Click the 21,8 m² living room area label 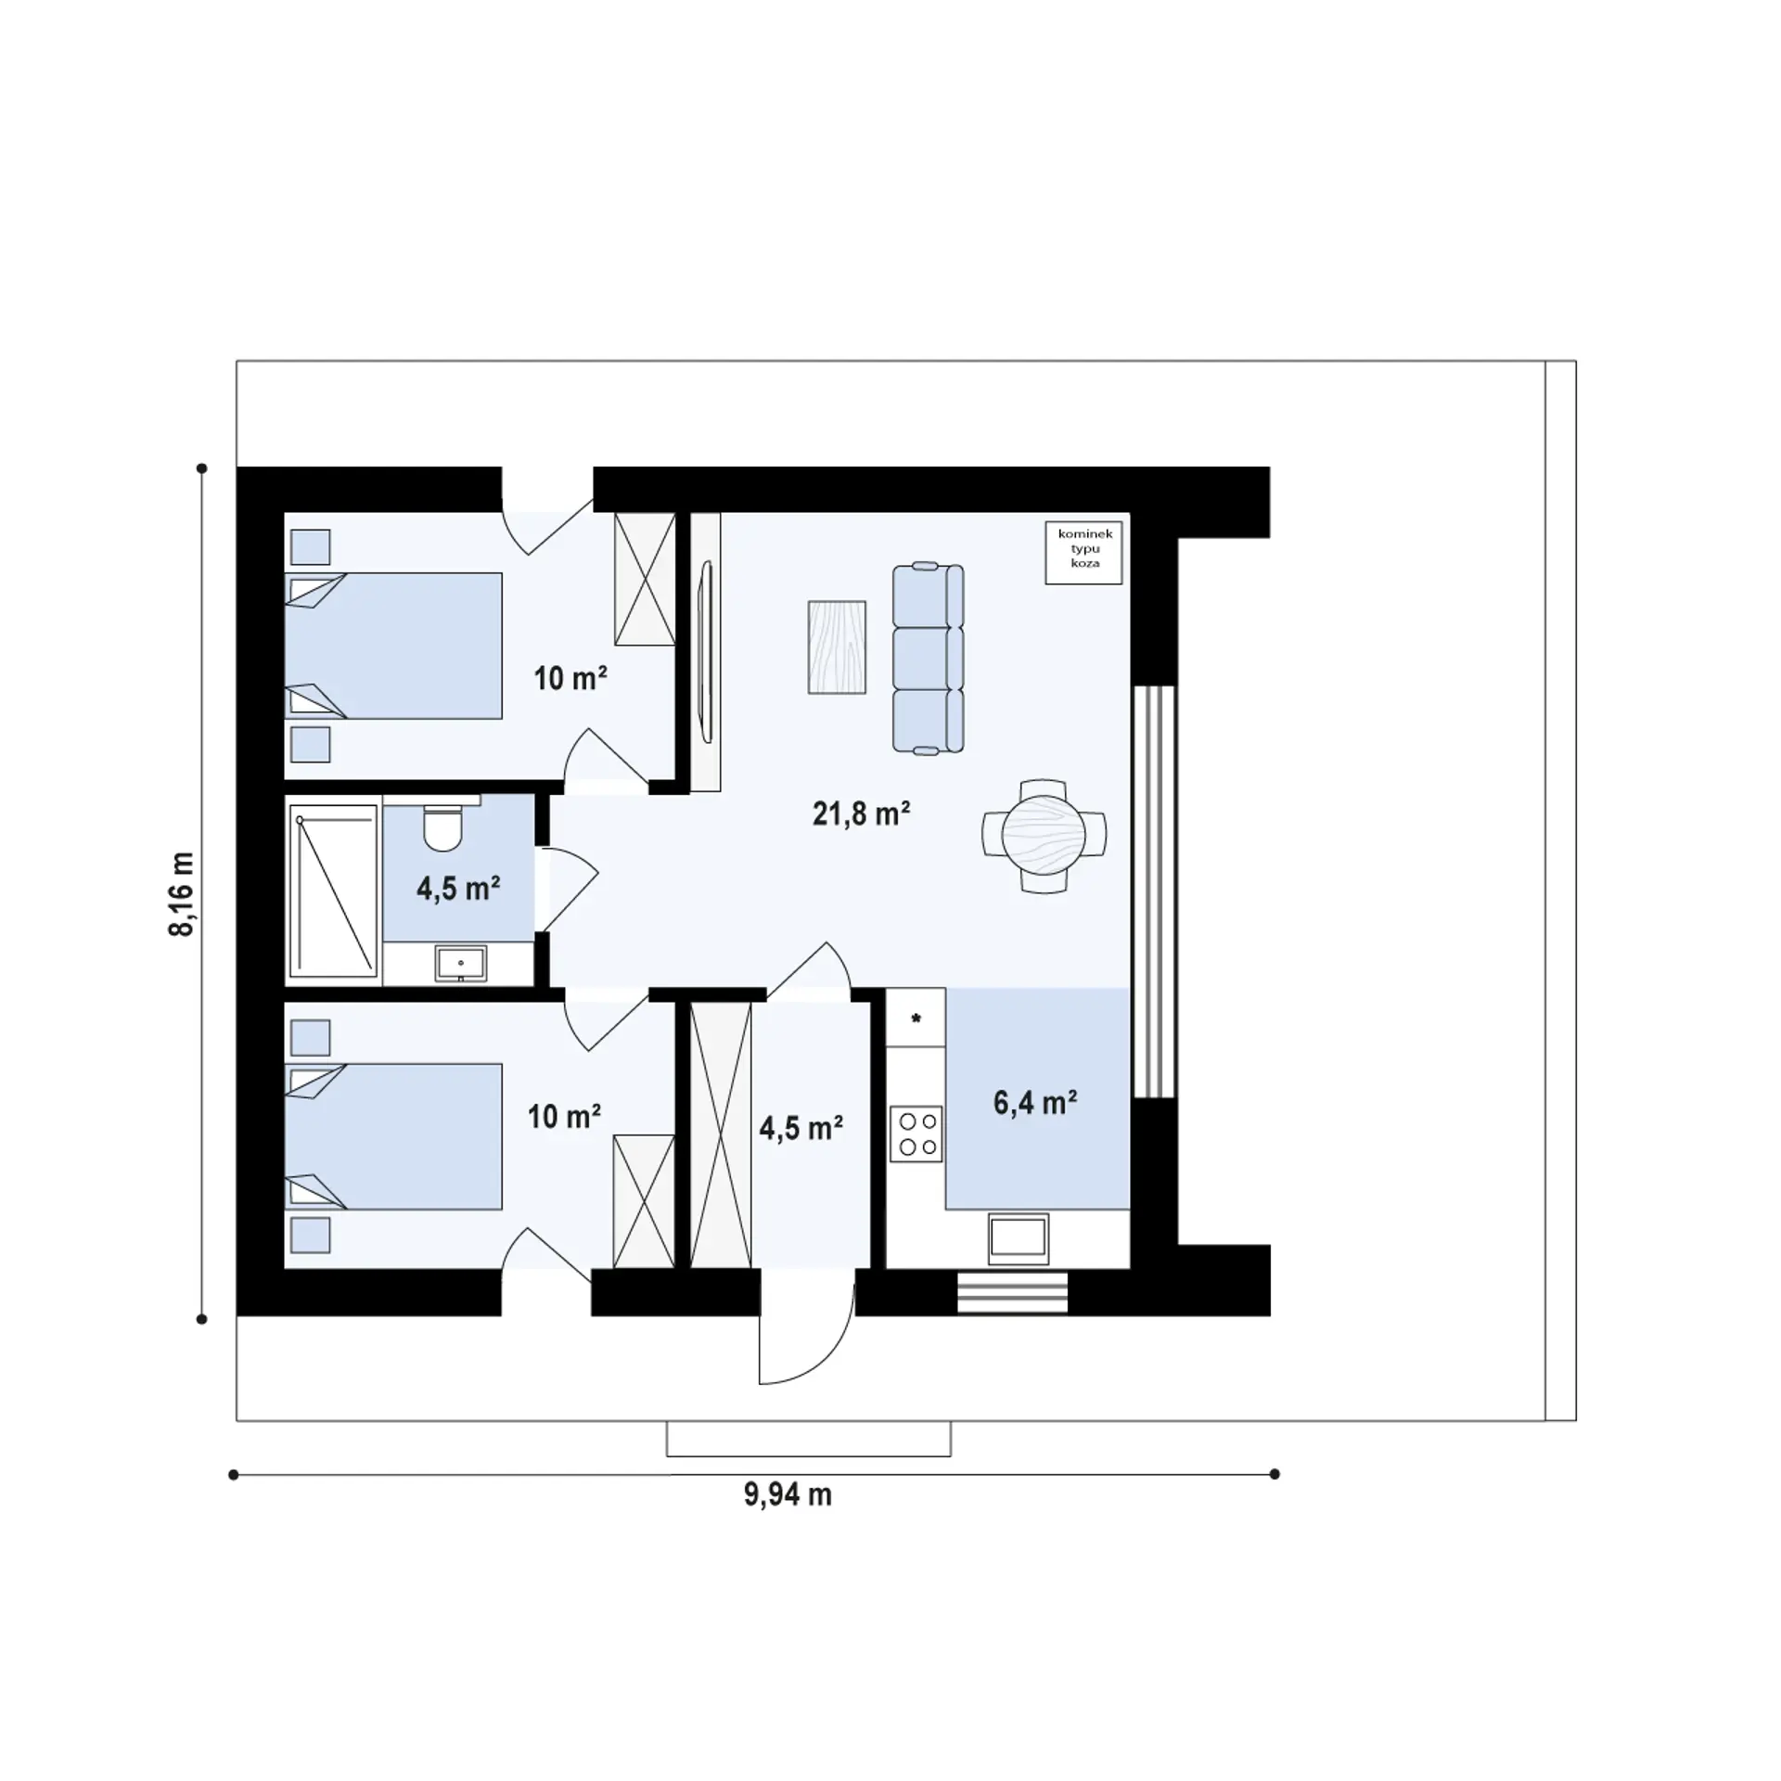tap(861, 814)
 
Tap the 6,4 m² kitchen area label tap(1034, 1103)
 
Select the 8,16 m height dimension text tap(182, 893)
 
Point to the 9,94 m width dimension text tap(788, 1494)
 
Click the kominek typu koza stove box tap(1083, 552)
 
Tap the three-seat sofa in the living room tap(928, 658)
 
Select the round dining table tap(1044, 835)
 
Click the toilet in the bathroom tap(442, 825)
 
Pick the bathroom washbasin tap(460, 964)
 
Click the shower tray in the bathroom tap(334, 890)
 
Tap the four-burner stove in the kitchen tap(916, 1134)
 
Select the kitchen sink tap(1019, 1238)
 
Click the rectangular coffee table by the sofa tap(837, 647)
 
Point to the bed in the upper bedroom tap(393, 646)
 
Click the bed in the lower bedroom tap(393, 1136)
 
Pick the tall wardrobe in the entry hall tap(721, 1134)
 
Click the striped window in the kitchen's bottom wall tap(1012, 1292)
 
